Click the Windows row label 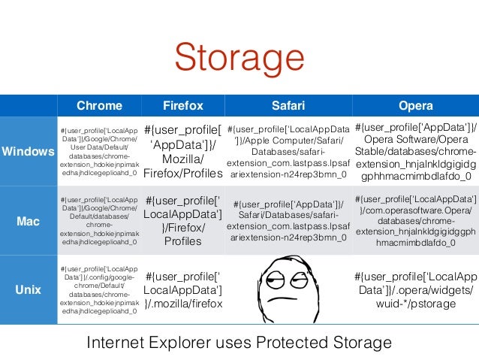click(x=28, y=151)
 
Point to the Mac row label click(x=28, y=222)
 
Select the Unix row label click(x=28, y=289)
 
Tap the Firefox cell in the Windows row click(x=183, y=151)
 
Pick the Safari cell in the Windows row click(x=288, y=151)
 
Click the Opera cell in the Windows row click(x=415, y=151)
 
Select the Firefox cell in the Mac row click(x=183, y=222)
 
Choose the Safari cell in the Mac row click(x=288, y=222)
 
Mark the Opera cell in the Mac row click(x=415, y=222)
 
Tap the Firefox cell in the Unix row click(x=183, y=289)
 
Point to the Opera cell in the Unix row click(x=415, y=289)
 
